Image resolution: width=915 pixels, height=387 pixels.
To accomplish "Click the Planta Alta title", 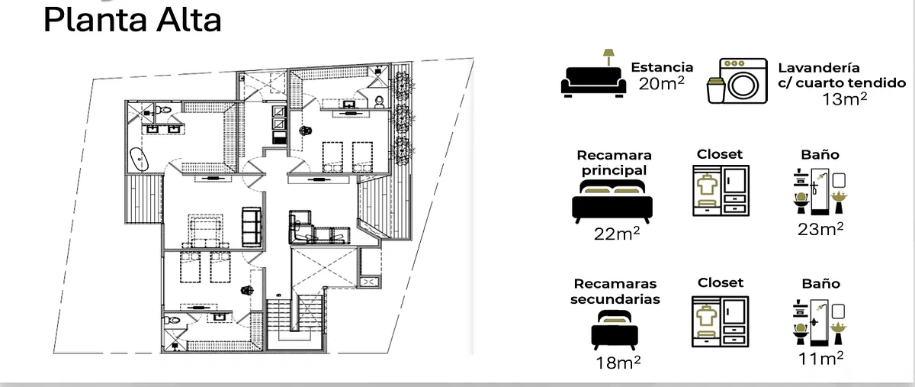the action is click(133, 20).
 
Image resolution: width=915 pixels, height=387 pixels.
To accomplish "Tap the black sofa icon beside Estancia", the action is click(593, 82).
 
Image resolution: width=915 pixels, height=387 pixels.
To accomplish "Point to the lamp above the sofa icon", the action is click(608, 57).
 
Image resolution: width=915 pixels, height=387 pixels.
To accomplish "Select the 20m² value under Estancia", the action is click(662, 83).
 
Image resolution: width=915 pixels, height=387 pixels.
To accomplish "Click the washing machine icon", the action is click(743, 81).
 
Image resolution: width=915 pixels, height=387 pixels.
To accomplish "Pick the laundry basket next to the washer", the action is click(716, 90).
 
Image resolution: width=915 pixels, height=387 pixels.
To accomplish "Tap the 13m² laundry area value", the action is click(844, 99).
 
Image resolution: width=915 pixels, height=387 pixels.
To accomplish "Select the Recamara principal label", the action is click(614, 163).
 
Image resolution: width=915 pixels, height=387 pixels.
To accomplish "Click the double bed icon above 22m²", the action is click(612, 202).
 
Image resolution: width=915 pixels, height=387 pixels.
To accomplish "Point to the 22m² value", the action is click(617, 234).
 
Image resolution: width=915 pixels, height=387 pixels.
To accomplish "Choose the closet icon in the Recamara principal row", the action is click(721, 191).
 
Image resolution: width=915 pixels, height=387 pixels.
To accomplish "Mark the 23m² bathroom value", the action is click(820, 229).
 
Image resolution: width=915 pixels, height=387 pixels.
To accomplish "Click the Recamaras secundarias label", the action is click(615, 292).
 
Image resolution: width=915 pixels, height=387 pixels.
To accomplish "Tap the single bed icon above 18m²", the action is click(615, 330).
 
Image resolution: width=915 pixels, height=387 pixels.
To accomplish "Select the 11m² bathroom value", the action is click(820, 359).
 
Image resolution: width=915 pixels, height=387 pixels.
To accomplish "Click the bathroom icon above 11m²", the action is click(820, 323).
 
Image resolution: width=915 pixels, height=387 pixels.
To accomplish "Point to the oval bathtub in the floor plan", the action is click(140, 159).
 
